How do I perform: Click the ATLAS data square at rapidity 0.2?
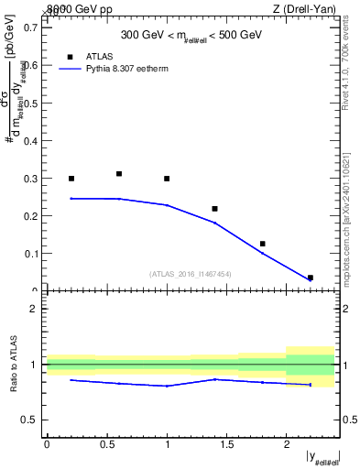(x=71, y=179)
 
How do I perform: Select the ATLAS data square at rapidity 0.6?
(x=119, y=173)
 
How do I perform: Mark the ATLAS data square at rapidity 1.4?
(x=214, y=209)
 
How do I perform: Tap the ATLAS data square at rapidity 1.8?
(x=262, y=244)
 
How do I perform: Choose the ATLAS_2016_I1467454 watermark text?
(x=191, y=274)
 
